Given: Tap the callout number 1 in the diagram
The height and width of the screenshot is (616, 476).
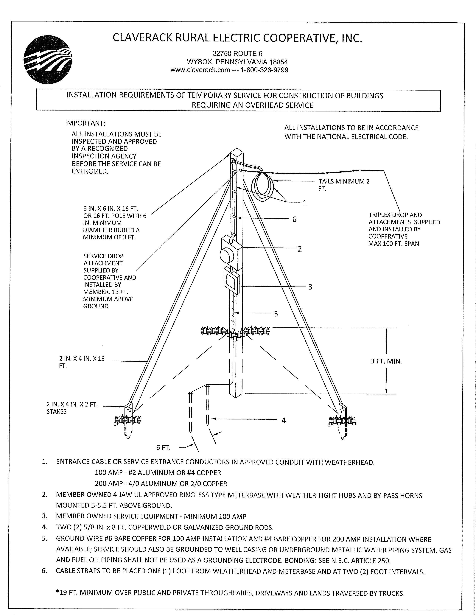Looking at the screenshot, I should click(x=305, y=203).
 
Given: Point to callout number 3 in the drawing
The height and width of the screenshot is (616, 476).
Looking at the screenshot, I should click(x=310, y=287).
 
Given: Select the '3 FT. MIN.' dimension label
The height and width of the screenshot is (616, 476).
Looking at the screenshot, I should click(x=386, y=361).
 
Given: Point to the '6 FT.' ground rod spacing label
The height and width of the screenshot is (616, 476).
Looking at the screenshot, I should click(x=163, y=448).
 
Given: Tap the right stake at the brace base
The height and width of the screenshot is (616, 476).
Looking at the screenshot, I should click(x=343, y=411).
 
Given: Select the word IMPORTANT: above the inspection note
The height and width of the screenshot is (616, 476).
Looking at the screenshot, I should click(x=85, y=123).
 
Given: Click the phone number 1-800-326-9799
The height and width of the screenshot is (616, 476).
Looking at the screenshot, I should click(x=264, y=70).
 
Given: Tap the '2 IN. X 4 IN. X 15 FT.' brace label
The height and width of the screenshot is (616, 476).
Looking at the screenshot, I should click(x=82, y=362).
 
